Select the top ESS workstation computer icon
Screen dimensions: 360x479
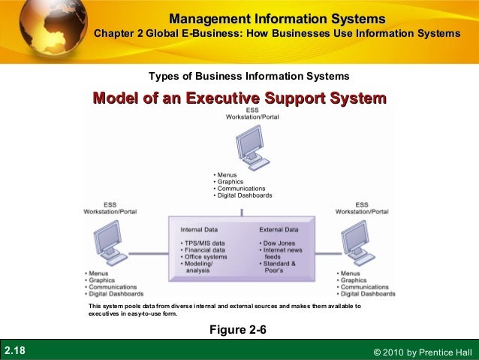[x=250, y=147]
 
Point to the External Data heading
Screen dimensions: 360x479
[x=279, y=228]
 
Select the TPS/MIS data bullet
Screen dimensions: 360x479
[x=204, y=243]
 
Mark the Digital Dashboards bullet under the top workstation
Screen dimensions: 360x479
[x=245, y=195]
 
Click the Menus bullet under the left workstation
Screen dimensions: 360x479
[x=98, y=274]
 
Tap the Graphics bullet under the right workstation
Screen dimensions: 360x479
[x=352, y=280]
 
